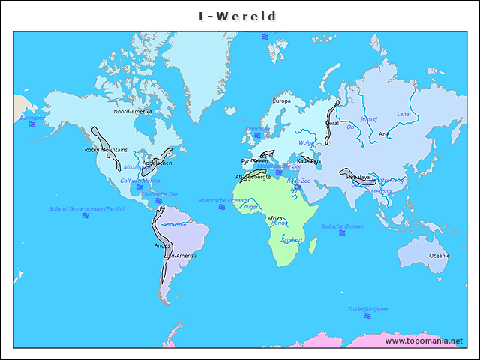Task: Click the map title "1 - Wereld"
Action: pos(237,16)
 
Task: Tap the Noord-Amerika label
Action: pos(133,112)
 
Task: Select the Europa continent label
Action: pos(281,100)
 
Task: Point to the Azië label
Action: pos(384,134)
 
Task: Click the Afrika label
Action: pos(275,218)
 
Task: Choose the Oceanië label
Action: pos(439,256)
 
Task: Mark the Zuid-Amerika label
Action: pos(180,256)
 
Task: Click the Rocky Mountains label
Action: pos(106,150)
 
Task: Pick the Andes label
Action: pos(162,245)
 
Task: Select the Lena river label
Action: pos(403,115)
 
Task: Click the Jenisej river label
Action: pos(369,118)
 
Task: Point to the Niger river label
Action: pos(252,207)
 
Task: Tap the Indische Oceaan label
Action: pos(342,226)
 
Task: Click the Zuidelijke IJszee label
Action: pos(367,309)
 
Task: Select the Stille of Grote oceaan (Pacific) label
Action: pos(86,208)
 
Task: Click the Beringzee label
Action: pos(31,118)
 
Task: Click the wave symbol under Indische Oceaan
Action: pos(342,234)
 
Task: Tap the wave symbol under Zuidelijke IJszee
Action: pos(367,316)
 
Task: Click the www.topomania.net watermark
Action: pos(423,341)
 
